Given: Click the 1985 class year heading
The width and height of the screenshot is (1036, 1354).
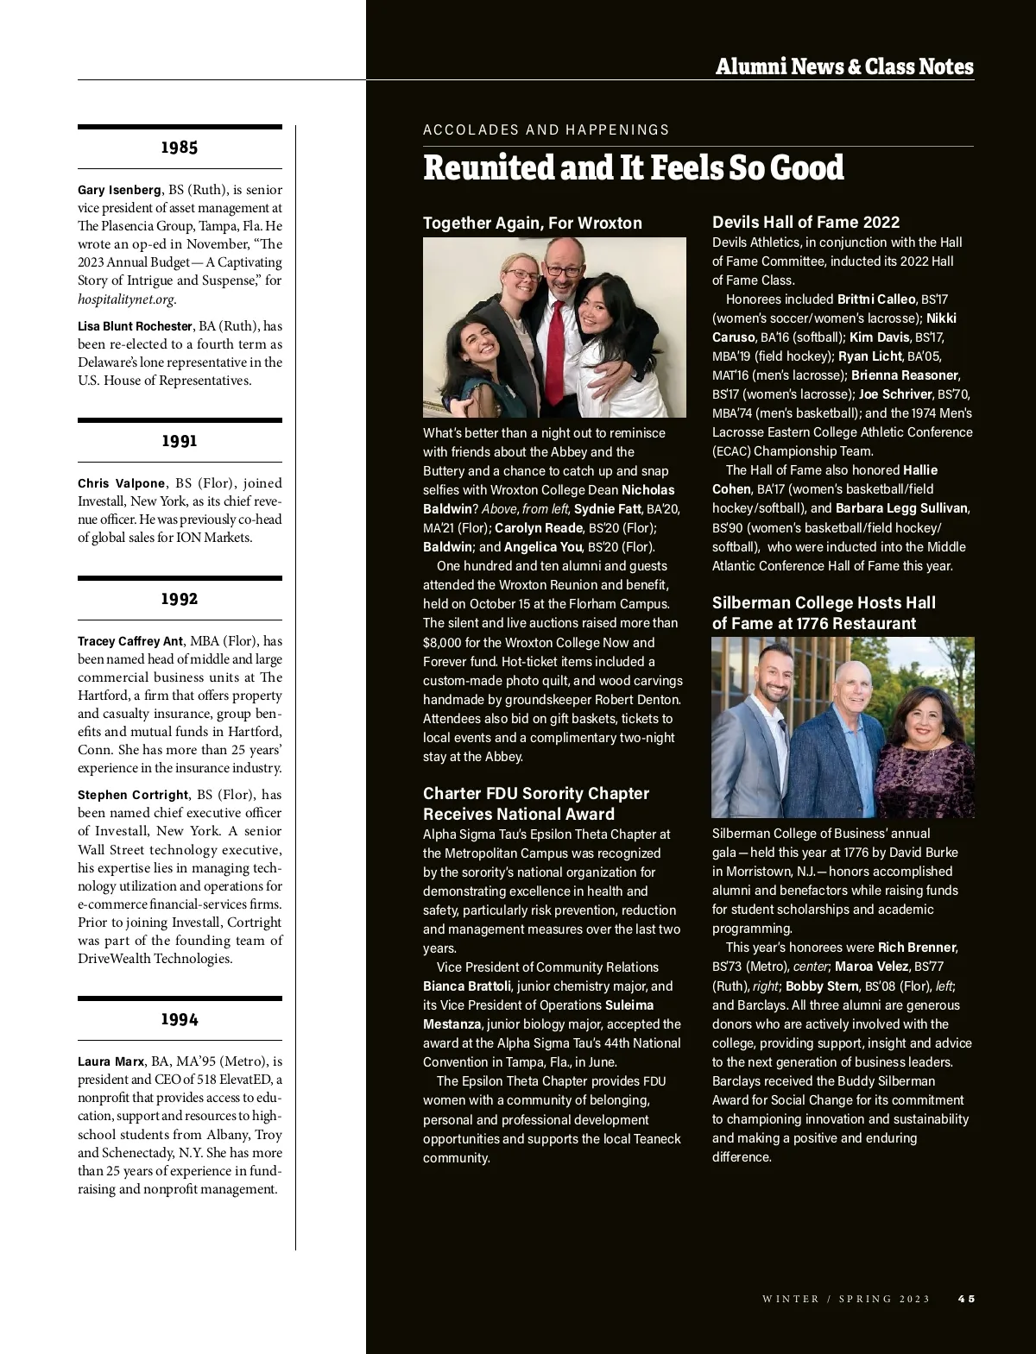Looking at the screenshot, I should point(180,148).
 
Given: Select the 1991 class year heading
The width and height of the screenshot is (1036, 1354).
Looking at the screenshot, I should point(180,441).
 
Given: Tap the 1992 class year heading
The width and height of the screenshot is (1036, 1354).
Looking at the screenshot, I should point(180,599).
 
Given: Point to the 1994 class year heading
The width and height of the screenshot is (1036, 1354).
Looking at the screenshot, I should point(180,1020).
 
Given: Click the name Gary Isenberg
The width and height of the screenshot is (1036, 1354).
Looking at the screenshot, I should point(119,190).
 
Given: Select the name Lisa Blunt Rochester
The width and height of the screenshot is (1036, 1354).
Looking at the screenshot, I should point(135,326).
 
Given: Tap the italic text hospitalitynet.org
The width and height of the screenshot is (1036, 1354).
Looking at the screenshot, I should point(126,299).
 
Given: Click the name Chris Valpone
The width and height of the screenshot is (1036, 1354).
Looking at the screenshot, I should point(121,483).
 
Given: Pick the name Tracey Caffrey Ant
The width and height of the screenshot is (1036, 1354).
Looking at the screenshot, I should point(130,641).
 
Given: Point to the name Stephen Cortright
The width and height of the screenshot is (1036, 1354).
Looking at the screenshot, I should point(132,795).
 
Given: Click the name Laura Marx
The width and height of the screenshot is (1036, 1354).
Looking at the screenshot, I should point(111,1061).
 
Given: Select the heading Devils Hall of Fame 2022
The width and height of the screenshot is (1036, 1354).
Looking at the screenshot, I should point(805,223).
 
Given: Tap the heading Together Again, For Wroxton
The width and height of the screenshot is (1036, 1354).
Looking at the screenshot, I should point(532,224).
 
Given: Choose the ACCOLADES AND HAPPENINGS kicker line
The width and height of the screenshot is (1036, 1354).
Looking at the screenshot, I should point(546,130).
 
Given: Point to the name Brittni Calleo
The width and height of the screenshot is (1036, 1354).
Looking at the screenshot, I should point(875,299).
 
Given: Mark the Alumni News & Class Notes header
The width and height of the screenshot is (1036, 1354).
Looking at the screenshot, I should point(843,66).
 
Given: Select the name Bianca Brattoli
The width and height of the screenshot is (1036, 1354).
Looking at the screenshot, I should point(467,986).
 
